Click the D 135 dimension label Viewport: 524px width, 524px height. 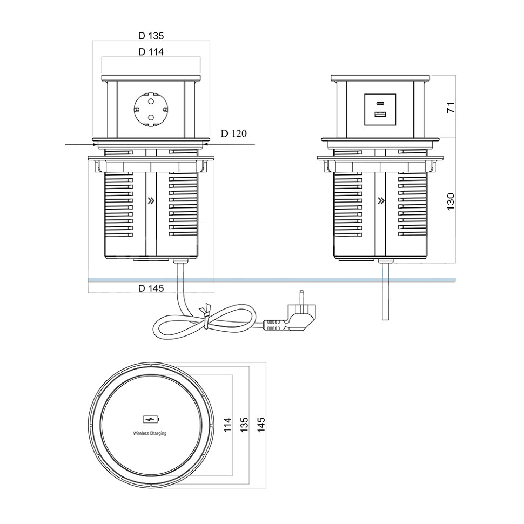(x=151, y=36)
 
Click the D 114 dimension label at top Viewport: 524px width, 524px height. (x=151, y=52)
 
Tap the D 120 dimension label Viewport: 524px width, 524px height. (x=233, y=133)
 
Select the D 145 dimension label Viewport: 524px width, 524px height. (x=151, y=288)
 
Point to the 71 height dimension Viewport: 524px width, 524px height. (x=452, y=107)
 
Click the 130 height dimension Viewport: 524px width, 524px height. (x=452, y=200)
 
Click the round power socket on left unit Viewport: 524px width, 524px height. (x=151, y=109)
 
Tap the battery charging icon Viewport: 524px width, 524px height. (x=150, y=419)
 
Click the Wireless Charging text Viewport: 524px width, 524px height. (x=150, y=433)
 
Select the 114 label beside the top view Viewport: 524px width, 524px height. (x=227, y=424)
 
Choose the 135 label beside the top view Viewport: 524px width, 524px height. (x=244, y=424)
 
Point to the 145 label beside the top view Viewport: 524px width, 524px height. (x=261, y=424)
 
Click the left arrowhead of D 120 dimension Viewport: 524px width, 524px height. (x=90, y=144)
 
